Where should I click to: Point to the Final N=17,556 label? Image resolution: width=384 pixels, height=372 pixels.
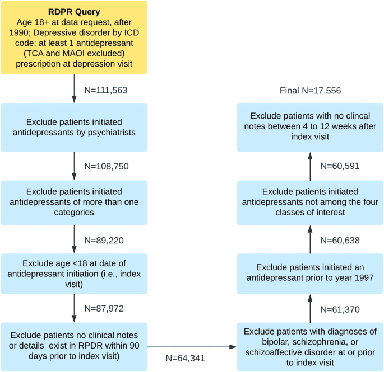pos(310,91)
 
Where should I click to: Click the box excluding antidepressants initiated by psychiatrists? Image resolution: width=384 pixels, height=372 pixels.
pos(74,128)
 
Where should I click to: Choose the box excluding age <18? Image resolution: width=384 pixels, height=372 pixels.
pos(74,274)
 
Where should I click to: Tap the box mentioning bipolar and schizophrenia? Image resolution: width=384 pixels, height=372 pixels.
pos(310,346)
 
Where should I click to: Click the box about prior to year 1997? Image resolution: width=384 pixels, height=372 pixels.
pos(310,274)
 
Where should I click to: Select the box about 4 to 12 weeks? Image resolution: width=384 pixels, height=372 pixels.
pos(310,128)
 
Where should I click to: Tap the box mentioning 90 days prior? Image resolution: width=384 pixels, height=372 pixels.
pos(74,346)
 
